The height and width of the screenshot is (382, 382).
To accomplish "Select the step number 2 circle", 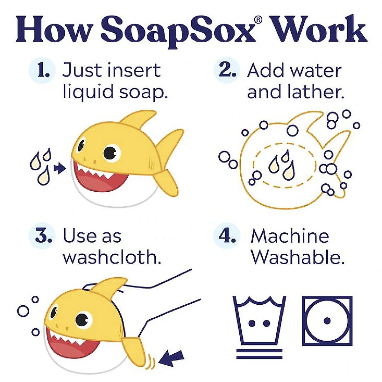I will (227, 70).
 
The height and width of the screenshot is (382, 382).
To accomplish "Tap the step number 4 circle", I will (227, 237).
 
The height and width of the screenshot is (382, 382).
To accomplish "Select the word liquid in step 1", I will (88, 92).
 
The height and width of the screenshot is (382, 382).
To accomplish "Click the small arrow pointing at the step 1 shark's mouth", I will (59, 168).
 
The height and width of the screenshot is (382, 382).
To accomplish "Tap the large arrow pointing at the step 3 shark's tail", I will (172, 358).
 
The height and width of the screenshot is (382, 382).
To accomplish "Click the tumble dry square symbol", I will (327, 321).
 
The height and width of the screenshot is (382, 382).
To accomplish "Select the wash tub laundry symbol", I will (259, 320).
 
